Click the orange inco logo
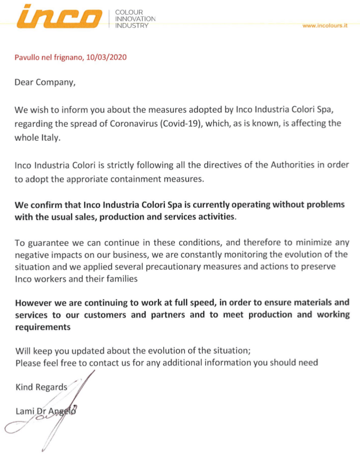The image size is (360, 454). click(58, 18)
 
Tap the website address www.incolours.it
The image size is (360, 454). click(326, 26)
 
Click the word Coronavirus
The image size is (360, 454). click(153, 123)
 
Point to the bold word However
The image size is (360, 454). click(34, 303)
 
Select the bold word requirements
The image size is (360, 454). click(43, 327)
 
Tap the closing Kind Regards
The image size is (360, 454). click(41, 388)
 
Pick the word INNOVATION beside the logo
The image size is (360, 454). click(135, 18)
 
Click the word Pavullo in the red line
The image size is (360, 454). click(27, 57)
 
